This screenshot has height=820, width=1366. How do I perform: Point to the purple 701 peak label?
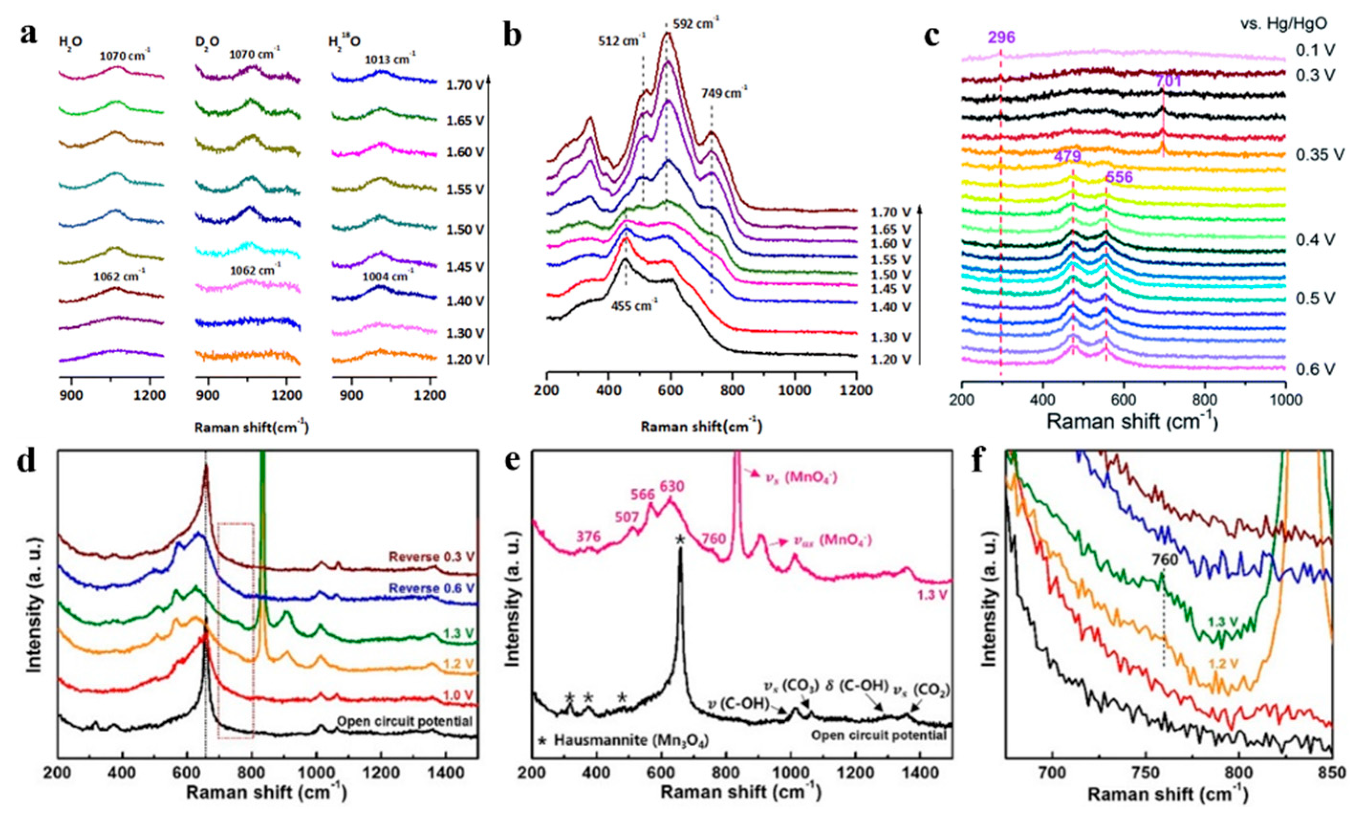tap(1169, 81)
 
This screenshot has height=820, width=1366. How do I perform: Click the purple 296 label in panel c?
tap(1001, 38)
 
